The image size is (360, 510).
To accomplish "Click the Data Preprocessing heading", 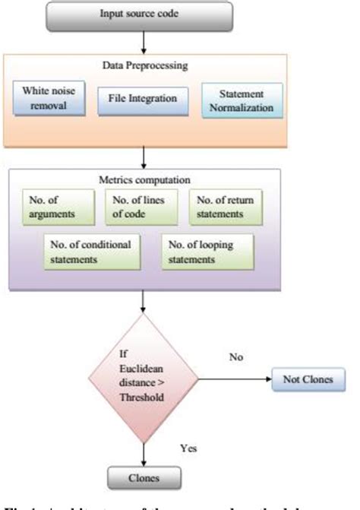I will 144,67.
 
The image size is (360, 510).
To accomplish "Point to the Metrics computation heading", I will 144,180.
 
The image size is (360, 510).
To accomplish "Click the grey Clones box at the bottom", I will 144,479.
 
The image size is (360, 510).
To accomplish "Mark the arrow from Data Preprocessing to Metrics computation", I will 144,157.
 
